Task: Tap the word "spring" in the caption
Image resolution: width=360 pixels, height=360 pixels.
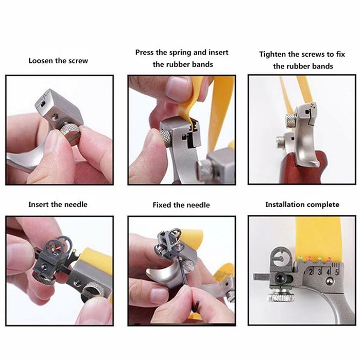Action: pos(180,53)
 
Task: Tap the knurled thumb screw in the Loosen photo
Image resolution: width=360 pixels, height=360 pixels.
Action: pos(70,133)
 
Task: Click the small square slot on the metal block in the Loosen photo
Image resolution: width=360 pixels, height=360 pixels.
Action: pos(43,105)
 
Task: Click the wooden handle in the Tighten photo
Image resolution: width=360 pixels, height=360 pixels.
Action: pos(302,167)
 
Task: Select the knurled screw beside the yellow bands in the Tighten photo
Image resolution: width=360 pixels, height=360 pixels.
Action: pos(290,121)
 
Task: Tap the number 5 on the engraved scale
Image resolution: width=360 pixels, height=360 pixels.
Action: pos(337,272)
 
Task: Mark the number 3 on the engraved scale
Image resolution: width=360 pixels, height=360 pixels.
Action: pos(320,272)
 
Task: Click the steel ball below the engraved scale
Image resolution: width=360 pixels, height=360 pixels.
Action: pos(330,282)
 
